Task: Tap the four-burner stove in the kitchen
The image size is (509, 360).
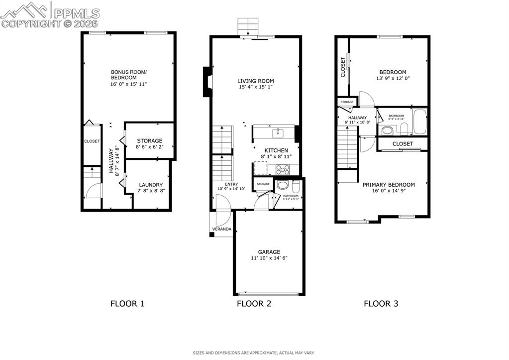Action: pyautogui.click(x=283, y=169)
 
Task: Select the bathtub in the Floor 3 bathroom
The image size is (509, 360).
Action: pyautogui.click(x=419, y=122)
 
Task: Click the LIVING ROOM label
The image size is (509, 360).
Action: pyautogui.click(x=255, y=81)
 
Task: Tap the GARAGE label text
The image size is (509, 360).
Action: pyautogui.click(x=269, y=252)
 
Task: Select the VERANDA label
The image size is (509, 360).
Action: pyautogui.click(x=221, y=229)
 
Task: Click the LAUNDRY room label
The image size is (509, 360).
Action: pyautogui.click(x=150, y=185)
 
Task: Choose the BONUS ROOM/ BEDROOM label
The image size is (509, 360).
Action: pyautogui.click(x=128, y=75)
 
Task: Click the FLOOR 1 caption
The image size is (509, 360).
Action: pyautogui.click(x=127, y=303)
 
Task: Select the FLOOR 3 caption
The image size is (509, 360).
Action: pyautogui.click(x=381, y=303)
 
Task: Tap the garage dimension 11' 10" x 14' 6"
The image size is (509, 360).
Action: pyautogui.click(x=269, y=258)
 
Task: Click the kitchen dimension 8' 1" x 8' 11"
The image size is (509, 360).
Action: pyautogui.click(x=276, y=156)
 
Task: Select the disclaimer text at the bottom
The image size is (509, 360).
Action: pyautogui.click(x=254, y=353)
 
